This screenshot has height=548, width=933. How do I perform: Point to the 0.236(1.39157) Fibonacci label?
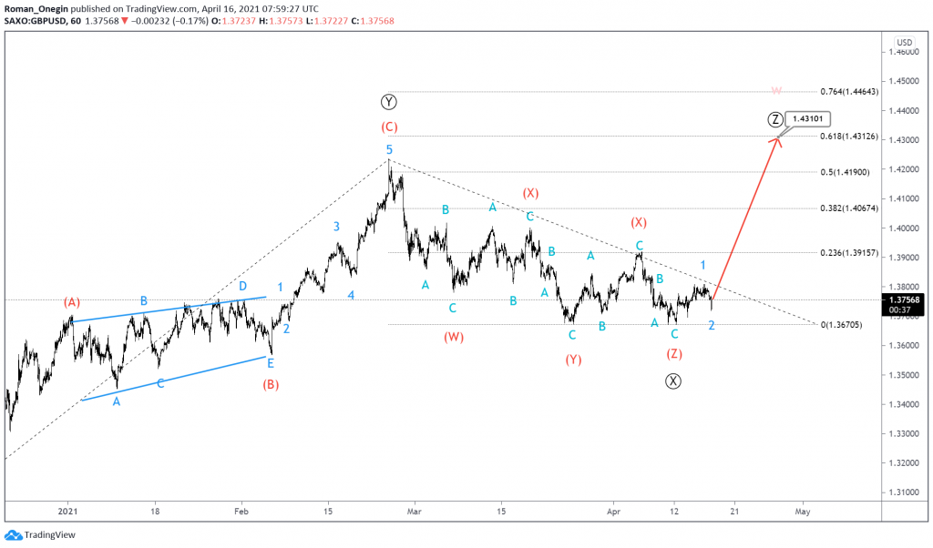tap(852, 252)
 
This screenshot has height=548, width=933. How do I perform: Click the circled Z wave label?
tap(774, 119)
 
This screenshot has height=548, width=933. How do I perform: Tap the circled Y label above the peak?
tap(389, 101)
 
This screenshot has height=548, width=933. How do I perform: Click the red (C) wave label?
tap(389, 127)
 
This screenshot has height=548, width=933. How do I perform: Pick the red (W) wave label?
tap(454, 337)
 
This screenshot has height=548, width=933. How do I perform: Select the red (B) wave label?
tap(271, 384)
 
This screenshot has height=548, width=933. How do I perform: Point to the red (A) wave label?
tap(73, 301)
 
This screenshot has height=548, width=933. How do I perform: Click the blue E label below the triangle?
tap(271, 362)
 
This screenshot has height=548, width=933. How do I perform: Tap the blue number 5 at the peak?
tap(389, 149)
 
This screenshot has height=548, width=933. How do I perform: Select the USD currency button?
tap(904, 43)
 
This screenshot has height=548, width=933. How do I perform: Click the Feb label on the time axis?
tap(241, 512)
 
